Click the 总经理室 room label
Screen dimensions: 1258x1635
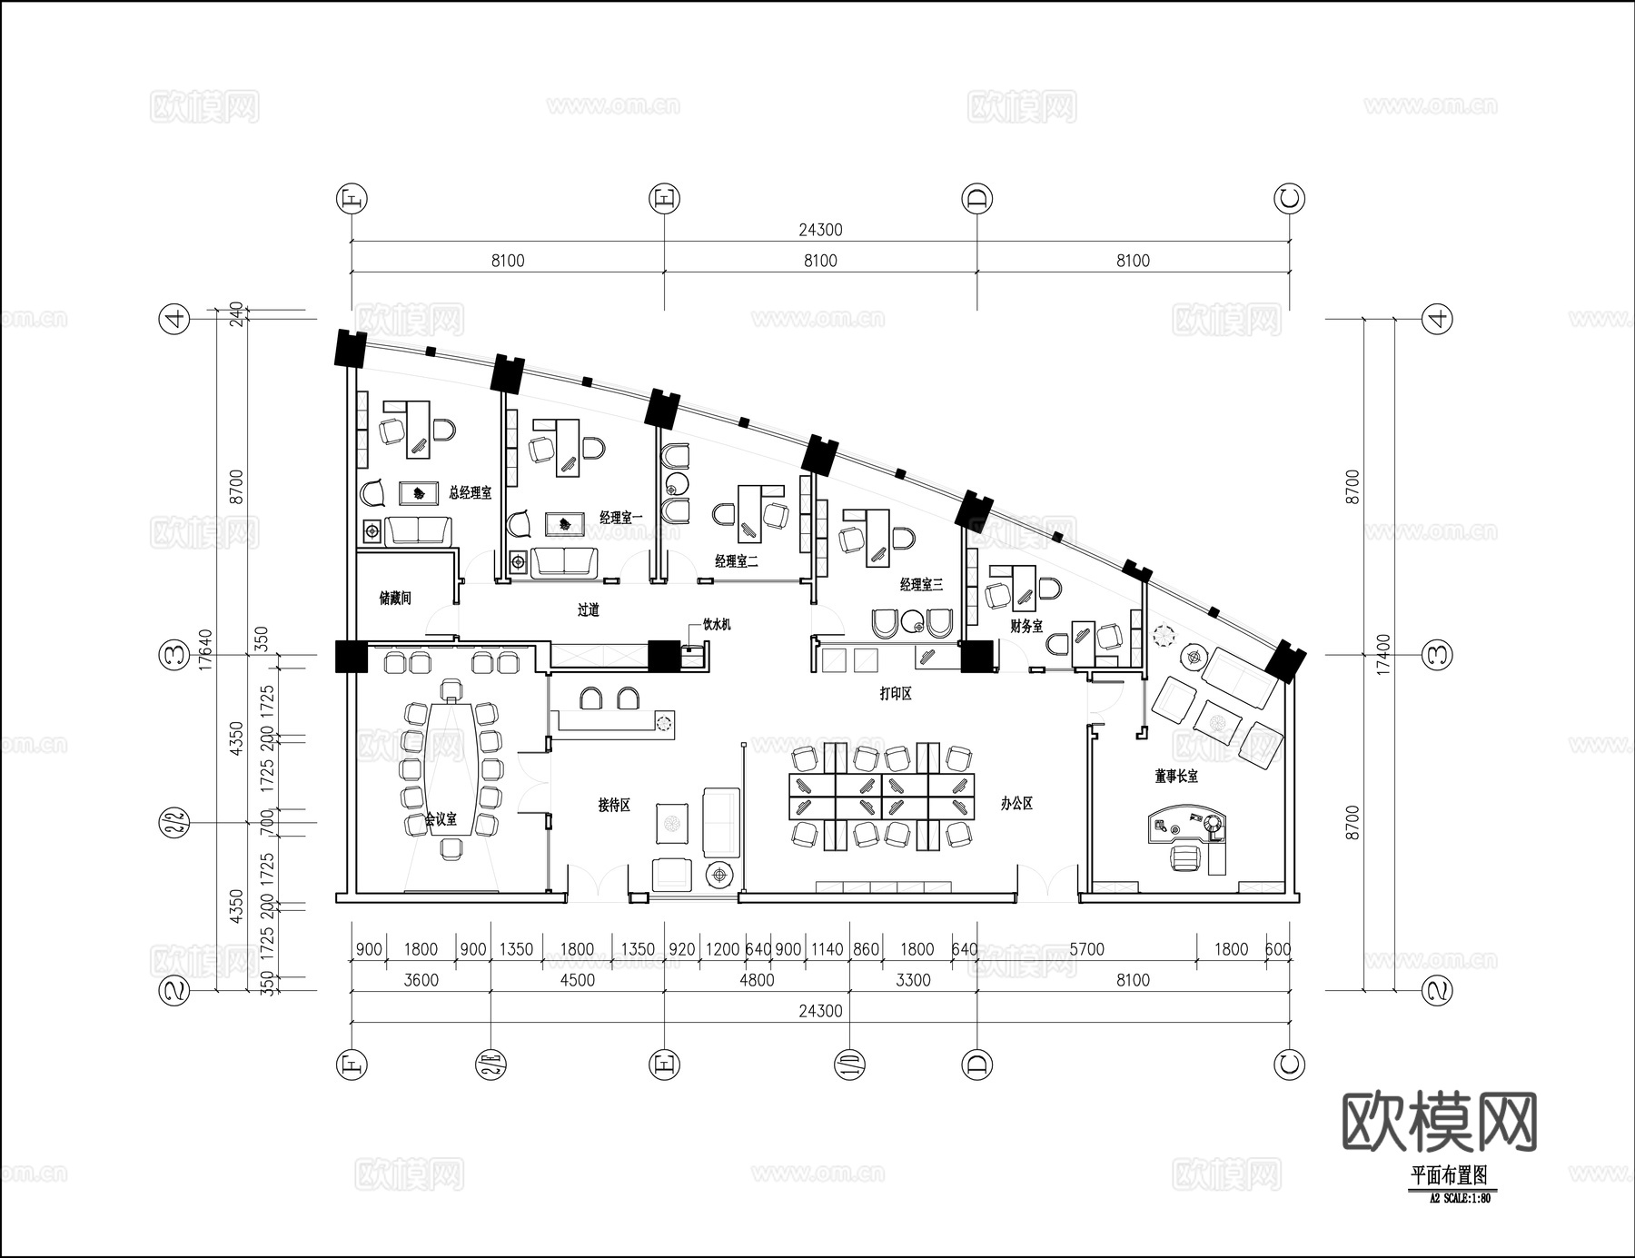pyautogui.click(x=470, y=493)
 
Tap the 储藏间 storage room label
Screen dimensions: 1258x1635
pyautogui.click(x=395, y=599)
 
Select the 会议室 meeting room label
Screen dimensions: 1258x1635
pyautogui.click(x=441, y=819)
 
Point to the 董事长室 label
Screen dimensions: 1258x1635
pyautogui.click(x=1176, y=777)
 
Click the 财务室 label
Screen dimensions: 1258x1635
pyautogui.click(x=1026, y=627)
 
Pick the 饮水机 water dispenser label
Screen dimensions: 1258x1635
pyautogui.click(x=716, y=625)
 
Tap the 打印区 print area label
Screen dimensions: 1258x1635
pyautogui.click(x=895, y=694)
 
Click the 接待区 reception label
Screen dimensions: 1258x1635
pyautogui.click(x=614, y=805)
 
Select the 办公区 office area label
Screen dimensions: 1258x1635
pyautogui.click(x=1016, y=804)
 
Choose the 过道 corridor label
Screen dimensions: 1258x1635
pyautogui.click(x=589, y=610)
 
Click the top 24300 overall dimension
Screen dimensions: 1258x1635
pyautogui.click(x=820, y=230)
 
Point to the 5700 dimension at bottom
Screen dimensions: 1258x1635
pyautogui.click(x=1086, y=949)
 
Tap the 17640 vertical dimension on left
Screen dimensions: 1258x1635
pyautogui.click(x=205, y=650)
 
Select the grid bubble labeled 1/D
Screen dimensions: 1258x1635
pyautogui.click(x=848, y=1064)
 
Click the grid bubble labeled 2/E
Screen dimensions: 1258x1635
pyautogui.click(x=490, y=1064)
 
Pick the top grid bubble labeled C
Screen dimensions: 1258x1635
pyautogui.click(x=1290, y=198)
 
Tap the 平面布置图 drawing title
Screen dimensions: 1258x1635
pyautogui.click(x=1449, y=1175)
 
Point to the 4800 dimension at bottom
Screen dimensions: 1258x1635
pyautogui.click(x=757, y=980)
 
